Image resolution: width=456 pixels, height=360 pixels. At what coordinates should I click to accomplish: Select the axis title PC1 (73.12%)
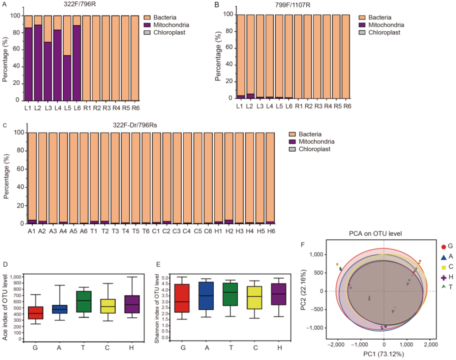(x=383, y=354)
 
